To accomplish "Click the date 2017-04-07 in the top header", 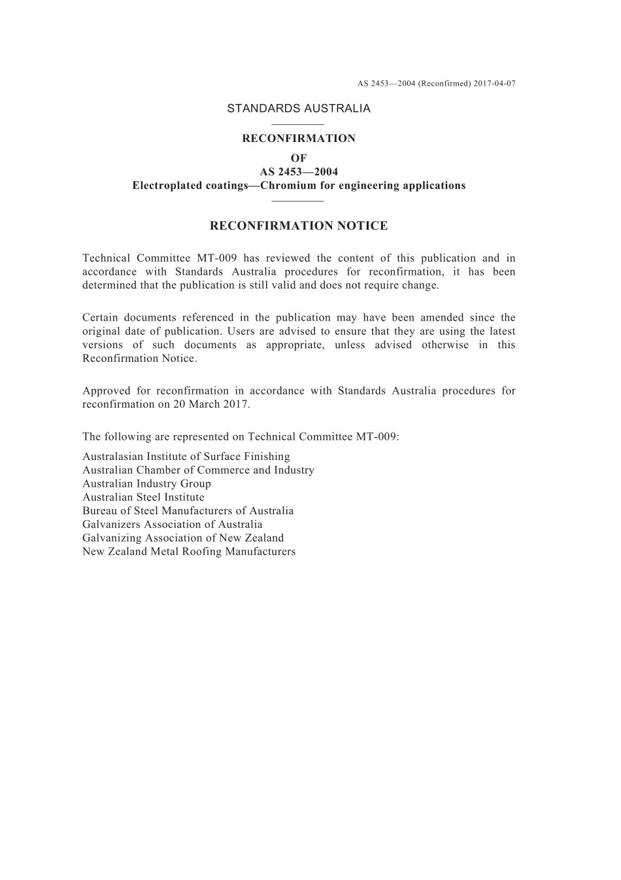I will click(x=494, y=84).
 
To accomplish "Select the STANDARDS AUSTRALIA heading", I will click(x=299, y=109).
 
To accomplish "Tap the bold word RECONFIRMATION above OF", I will click(x=299, y=139).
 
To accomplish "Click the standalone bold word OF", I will click(x=299, y=158).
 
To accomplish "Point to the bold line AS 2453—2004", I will click(x=299, y=172).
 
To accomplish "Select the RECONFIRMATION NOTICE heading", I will click(x=299, y=226).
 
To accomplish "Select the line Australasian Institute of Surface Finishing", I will click(x=186, y=457).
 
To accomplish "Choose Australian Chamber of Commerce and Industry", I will click(x=198, y=470).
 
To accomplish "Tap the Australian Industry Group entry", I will click(x=146, y=484).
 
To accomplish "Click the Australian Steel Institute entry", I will click(x=143, y=497).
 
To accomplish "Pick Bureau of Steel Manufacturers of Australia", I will click(x=188, y=511).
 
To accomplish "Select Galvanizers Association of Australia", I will click(x=173, y=525).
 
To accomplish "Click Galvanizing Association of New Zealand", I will click(x=183, y=538).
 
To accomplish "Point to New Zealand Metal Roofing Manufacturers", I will click(x=189, y=552).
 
